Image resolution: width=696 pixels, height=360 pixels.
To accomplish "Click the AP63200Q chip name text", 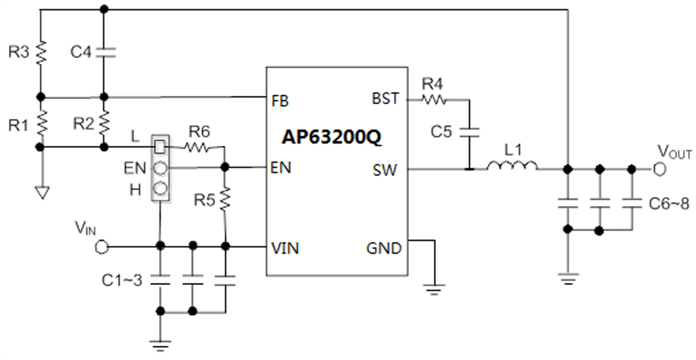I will coord(332,137).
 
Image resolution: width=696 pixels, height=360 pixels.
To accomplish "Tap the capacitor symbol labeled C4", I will coord(104,52).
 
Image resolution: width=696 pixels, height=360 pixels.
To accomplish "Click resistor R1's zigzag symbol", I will coord(41,123).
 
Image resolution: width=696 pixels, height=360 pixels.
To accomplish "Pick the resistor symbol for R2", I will coord(104,122).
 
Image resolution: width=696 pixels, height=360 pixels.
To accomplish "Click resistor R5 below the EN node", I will coord(225,198).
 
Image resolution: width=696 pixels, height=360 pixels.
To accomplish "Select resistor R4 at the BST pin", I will coord(434,100).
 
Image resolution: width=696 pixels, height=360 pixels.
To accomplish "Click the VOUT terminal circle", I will coord(658,169).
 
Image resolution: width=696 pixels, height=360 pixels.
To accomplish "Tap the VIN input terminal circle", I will coord(101,247).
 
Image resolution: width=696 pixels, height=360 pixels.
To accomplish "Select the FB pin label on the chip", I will coord(280,100).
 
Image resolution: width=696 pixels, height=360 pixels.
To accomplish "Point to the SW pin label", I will coord(385,170).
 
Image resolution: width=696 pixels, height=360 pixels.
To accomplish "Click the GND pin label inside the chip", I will coord(383,248).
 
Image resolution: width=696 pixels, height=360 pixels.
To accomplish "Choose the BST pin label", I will coord(386,99).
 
